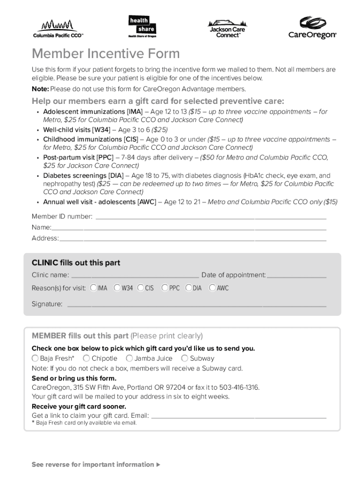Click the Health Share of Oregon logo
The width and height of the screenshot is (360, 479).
pyautogui.click(x=142, y=27)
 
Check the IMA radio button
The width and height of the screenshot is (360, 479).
pyautogui.click(x=94, y=288)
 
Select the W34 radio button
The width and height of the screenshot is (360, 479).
pyautogui.click(x=117, y=288)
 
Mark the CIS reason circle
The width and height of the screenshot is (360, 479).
pyautogui.click(x=141, y=288)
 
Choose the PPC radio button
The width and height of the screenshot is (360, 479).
pyautogui.click(x=165, y=288)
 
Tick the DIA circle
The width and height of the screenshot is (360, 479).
pyautogui.click(x=189, y=288)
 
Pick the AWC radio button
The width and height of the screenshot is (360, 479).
pyautogui.click(x=212, y=288)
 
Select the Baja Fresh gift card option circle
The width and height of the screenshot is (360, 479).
pyautogui.click(x=35, y=358)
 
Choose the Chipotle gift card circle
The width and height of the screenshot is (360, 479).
pyautogui.click(x=86, y=358)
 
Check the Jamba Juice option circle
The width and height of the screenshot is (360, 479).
pyautogui.click(x=129, y=358)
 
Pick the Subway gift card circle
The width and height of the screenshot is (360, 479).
pyautogui.click(x=185, y=358)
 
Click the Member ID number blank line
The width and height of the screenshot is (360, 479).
pyautogui.click(x=210, y=218)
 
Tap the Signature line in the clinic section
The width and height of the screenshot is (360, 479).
pyautogui.click(x=196, y=306)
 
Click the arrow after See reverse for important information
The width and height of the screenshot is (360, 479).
pyautogui.click(x=158, y=464)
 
